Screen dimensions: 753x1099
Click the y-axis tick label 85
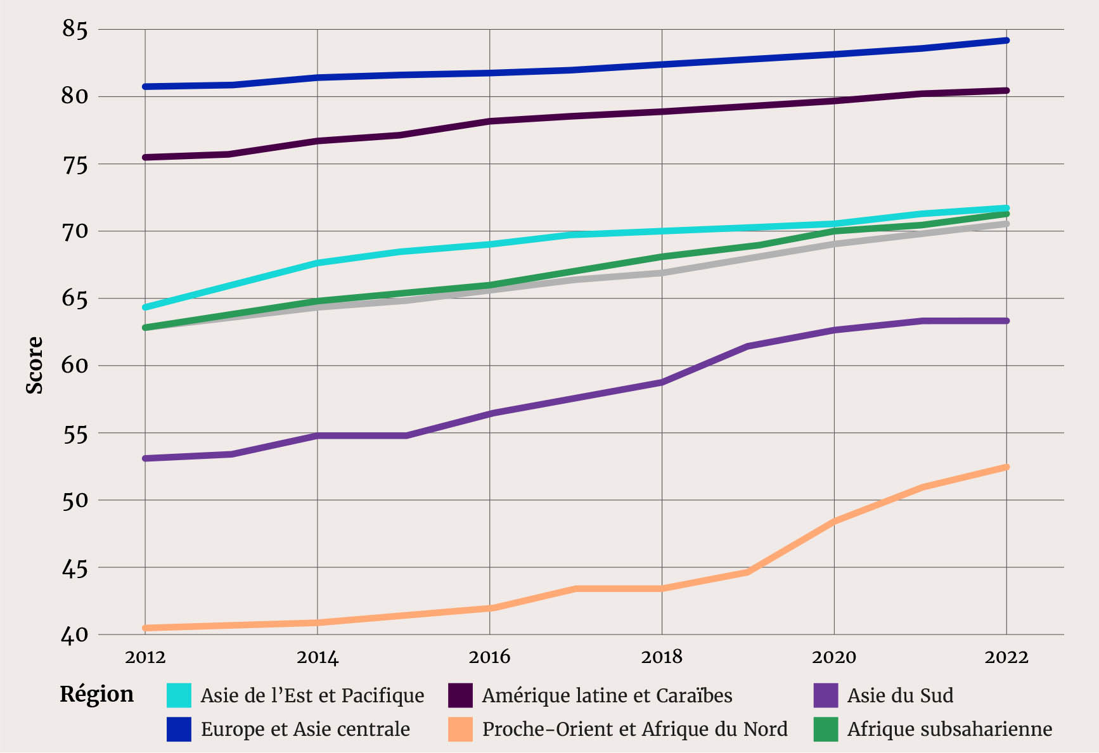click(x=74, y=29)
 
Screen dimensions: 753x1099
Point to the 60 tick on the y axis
click(x=74, y=366)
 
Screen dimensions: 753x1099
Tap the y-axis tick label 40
click(x=74, y=634)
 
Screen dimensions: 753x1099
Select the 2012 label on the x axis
click(x=145, y=657)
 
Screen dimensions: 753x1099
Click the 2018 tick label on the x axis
click(x=662, y=657)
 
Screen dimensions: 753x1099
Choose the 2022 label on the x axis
click(x=1006, y=657)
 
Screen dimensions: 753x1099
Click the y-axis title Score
click(x=35, y=365)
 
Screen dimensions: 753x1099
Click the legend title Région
click(x=97, y=694)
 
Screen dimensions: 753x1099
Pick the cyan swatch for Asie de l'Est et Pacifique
click(x=179, y=695)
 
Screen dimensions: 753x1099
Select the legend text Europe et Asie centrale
click(x=305, y=729)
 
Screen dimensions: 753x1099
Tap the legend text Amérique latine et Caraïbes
click(x=607, y=695)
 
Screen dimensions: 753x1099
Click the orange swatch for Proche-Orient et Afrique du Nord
click(x=460, y=729)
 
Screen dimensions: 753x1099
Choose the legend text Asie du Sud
click(x=900, y=695)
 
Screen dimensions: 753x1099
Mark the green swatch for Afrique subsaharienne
click(x=825, y=729)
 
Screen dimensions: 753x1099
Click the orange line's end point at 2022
click(x=1006, y=467)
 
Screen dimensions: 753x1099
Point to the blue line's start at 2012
click(x=145, y=86)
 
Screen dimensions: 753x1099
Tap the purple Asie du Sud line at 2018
click(x=662, y=382)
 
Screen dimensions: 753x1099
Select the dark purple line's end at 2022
click(x=1006, y=91)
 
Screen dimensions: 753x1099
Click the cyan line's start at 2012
click(x=145, y=307)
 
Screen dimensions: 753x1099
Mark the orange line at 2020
click(x=834, y=521)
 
